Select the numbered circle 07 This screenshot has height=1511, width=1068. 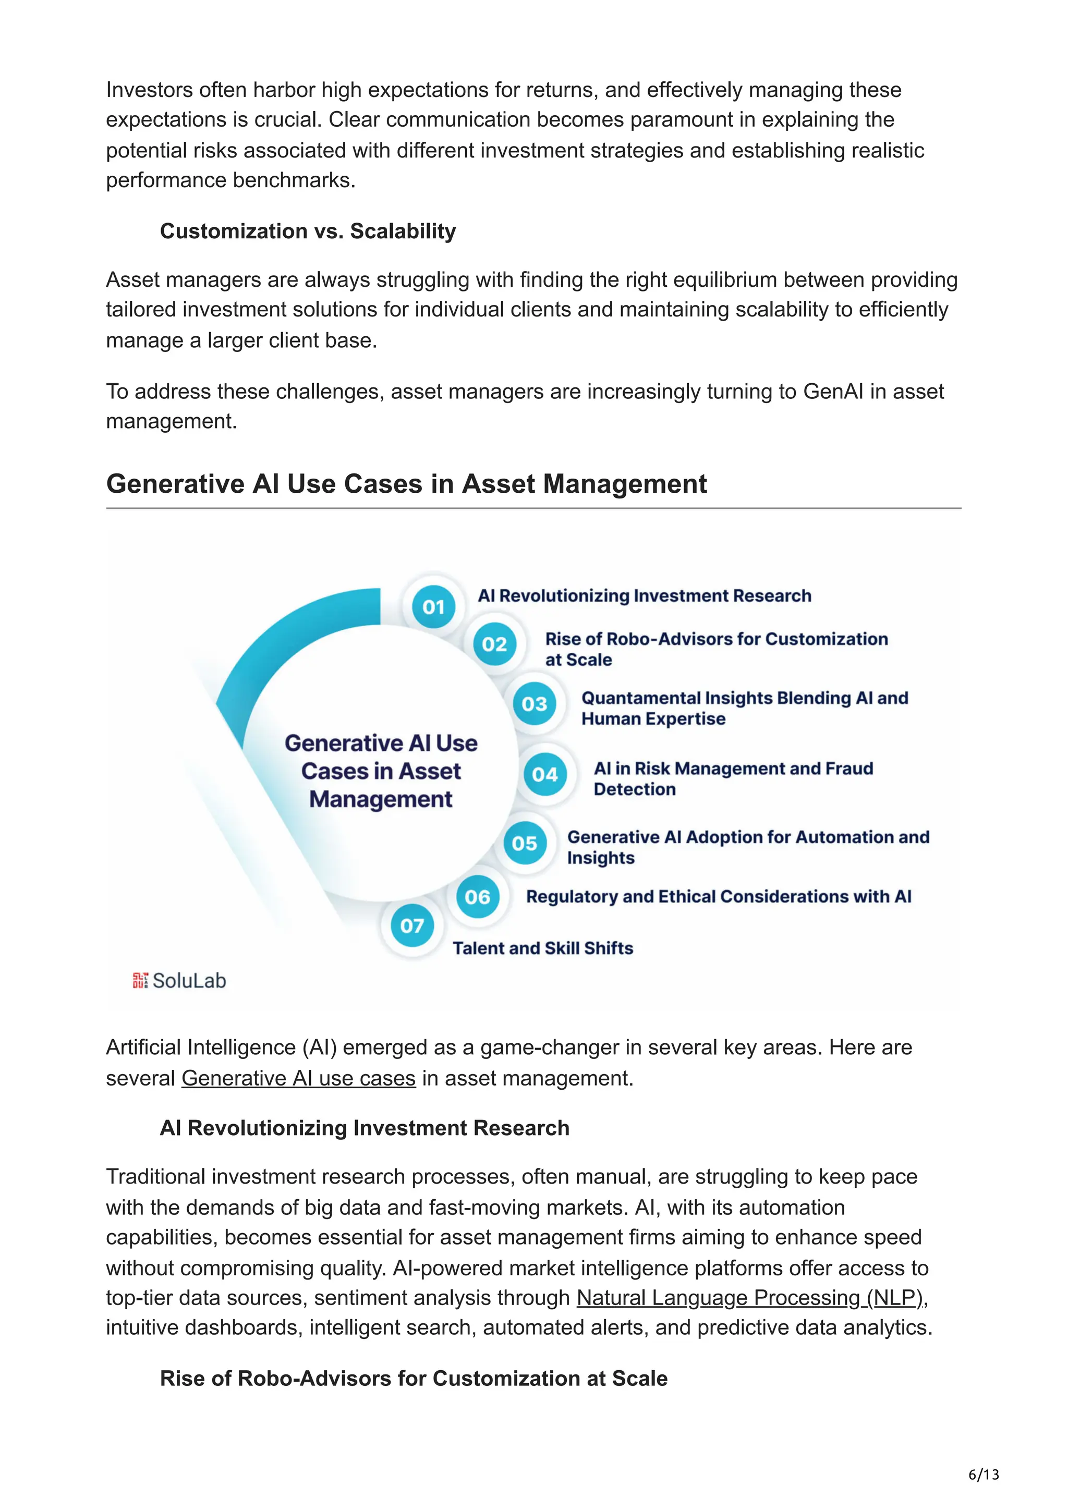point(412,925)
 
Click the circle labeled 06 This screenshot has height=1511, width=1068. point(477,896)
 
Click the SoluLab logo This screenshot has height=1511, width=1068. point(179,981)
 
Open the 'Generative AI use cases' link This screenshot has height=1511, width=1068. point(298,1078)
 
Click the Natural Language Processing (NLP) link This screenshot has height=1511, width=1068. point(750,1297)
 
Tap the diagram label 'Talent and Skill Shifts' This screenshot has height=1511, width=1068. point(542,948)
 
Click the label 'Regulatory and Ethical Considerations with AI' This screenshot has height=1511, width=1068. point(719,896)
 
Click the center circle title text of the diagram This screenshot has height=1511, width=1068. point(381,771)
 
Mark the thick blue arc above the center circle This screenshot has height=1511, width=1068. point(289,632)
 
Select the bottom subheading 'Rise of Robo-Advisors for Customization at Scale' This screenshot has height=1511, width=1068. point(413,1378)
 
